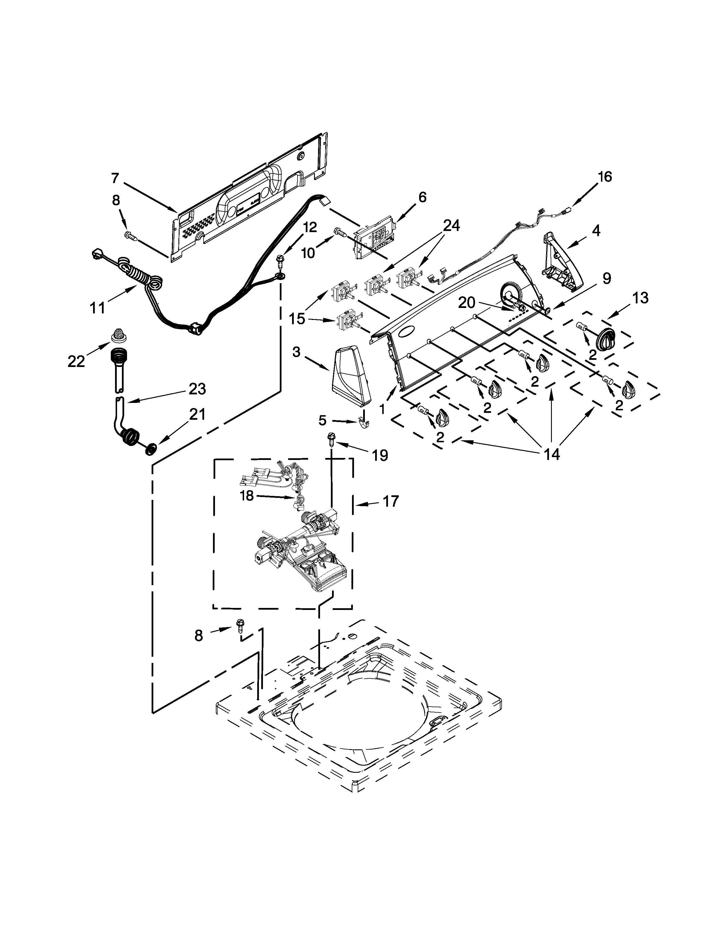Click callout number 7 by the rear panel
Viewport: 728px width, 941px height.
115,178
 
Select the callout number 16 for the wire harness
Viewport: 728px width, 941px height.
605,177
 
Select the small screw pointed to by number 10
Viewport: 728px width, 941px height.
340,233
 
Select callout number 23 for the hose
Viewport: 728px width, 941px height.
197,389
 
